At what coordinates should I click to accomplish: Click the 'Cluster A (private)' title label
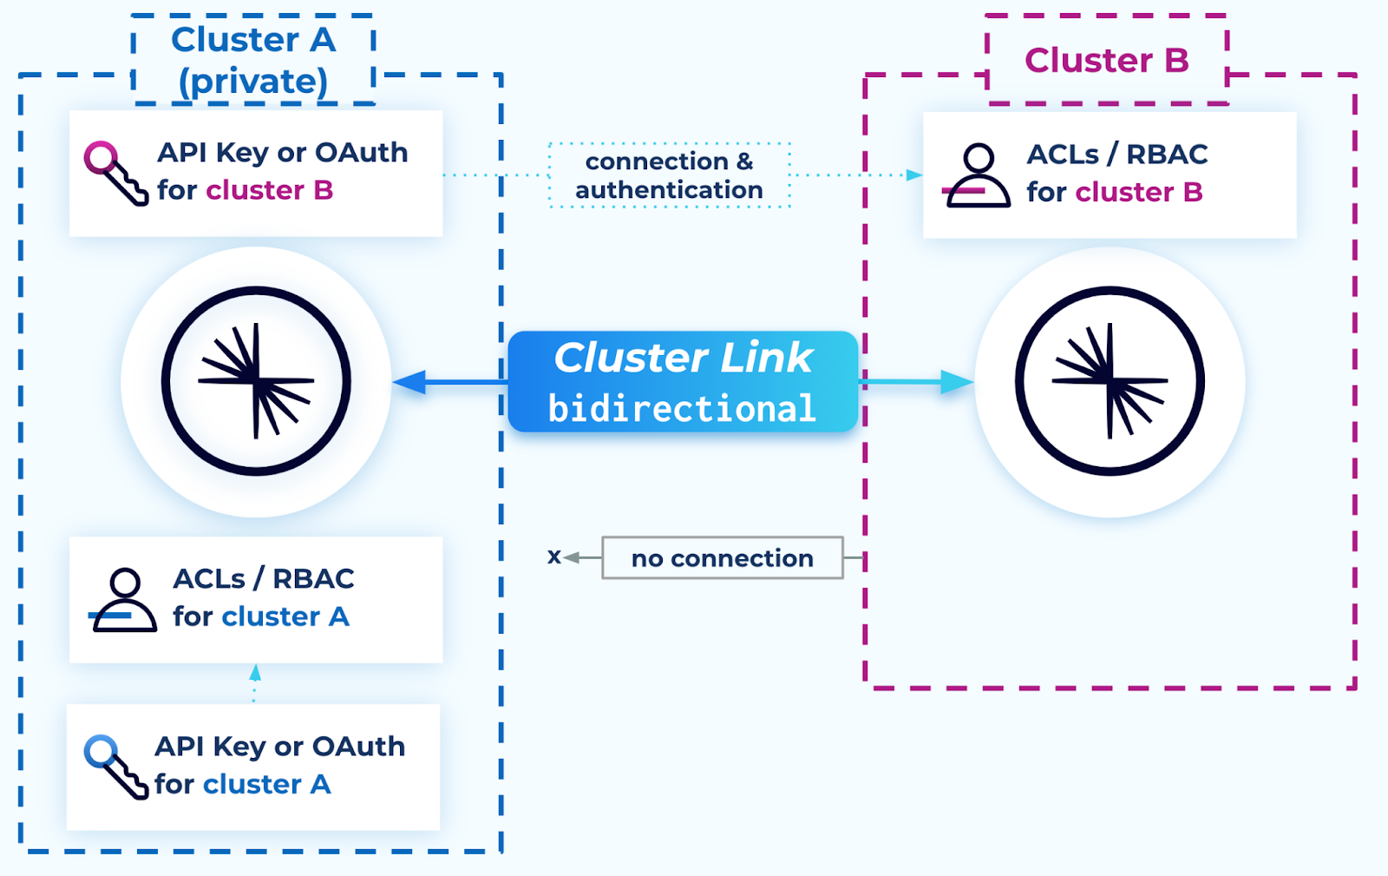tap(252, 60)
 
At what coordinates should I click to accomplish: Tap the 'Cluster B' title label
tap(1106, 60)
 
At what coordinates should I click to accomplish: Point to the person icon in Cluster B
tap(977, 175)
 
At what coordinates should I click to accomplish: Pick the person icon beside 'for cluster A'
tap(125, 600)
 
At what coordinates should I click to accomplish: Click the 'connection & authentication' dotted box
tap(669, 175)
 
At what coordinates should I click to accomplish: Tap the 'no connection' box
tap(722, 558)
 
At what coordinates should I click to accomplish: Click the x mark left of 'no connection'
tap(553, 557)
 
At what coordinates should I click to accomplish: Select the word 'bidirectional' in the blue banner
tap(682, 409)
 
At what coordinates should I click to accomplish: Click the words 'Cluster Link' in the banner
tap(683, 358)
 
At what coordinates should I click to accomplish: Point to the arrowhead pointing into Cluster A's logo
tap(409, 382)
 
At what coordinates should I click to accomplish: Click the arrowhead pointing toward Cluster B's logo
tap(957, 382)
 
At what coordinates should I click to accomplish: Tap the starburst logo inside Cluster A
tap(256, 381)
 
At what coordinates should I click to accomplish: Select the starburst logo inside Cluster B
tap(1110, 381)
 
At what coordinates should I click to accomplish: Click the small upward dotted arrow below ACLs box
tap(254, 673)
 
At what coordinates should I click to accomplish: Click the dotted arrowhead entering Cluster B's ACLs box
tap(913, 175)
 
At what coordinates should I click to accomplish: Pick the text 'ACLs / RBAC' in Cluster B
tap(1116, 155)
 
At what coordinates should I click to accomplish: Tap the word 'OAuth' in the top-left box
tap(361, 153)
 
